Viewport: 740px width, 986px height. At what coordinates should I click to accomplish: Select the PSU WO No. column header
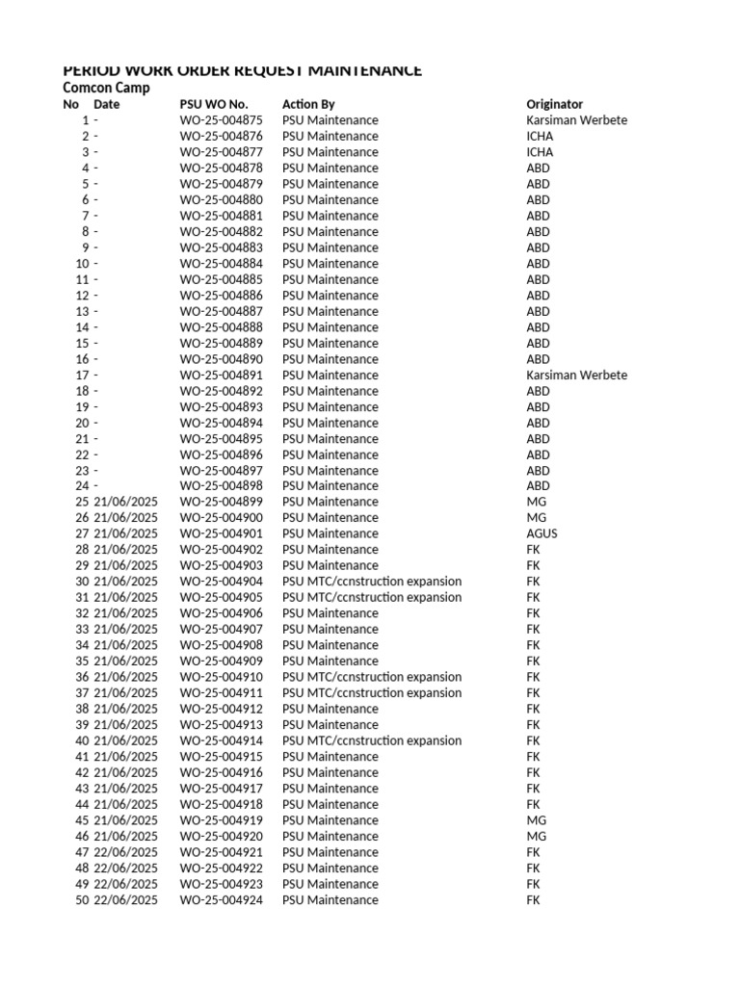point(213,104)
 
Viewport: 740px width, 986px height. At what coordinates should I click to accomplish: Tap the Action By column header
point(308,104)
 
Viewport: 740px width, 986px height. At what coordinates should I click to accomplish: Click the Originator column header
point(554,104)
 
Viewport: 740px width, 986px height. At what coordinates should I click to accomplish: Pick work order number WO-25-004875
point(221,120)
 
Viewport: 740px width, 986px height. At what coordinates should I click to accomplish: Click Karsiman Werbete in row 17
point(576,375)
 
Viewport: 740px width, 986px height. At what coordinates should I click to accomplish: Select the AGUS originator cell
point(542,533)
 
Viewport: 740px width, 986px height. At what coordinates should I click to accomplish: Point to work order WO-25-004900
point(221,518)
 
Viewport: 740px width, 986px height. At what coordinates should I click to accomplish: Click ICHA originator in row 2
point(540,136)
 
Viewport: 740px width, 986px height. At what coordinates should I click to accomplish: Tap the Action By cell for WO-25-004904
point(371,582)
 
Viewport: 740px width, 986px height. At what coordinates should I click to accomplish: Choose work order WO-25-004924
point(221,900)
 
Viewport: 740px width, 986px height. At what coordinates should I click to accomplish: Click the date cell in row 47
point(125,852)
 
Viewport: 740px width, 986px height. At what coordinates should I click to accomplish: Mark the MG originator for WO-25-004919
point(536,820)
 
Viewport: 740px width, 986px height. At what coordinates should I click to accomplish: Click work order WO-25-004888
point(221,327)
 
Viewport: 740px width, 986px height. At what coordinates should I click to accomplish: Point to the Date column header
point(107,104)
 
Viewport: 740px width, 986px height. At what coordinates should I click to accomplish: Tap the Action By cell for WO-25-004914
point(371,740)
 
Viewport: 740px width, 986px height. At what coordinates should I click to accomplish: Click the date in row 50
point(125,900)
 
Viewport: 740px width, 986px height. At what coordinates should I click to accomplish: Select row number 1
point(85,120)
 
